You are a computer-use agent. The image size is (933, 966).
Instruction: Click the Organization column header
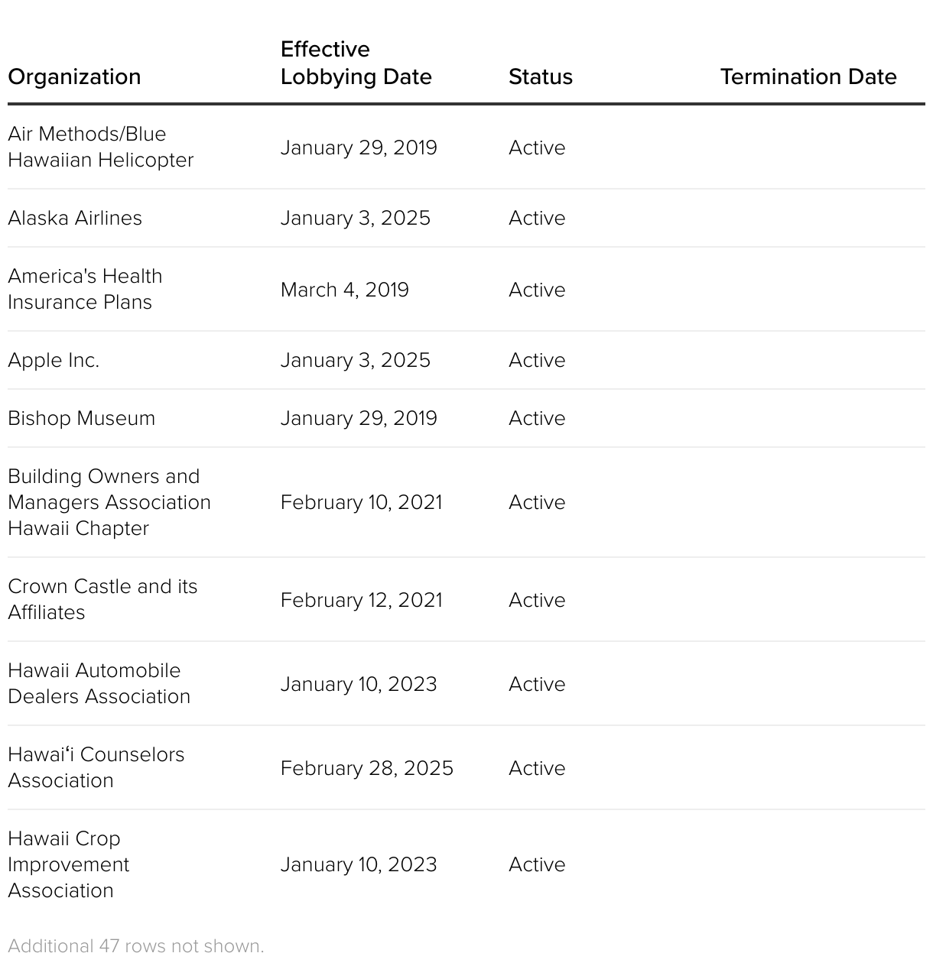click(74, 76)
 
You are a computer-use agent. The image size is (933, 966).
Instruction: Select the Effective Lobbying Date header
click(356, 63)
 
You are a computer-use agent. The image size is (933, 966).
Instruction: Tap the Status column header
click(540, 76)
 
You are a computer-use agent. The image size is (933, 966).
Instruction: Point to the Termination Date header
click(808, 76)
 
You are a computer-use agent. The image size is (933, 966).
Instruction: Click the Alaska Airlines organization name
click(75, 218)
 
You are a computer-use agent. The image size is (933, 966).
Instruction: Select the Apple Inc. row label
click(54, 360)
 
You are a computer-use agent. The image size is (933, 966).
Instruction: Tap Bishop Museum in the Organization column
click(81, 418)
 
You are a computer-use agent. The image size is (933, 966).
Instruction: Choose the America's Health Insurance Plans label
click(85, 289)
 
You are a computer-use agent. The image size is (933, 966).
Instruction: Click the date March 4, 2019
click(344, 290)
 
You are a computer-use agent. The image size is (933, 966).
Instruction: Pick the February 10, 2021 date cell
click(361, 502)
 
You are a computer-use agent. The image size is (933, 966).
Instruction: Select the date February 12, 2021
click(361, 600)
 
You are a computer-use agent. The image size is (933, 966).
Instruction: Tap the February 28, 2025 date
click(366, 768)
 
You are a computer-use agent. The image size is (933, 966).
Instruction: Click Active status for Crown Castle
click(537, 600)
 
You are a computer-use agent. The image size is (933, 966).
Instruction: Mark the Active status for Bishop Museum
click(537, 418)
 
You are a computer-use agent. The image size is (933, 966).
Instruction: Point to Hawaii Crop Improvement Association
click(69, 864)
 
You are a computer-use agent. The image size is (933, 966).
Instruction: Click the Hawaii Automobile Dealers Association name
click(99, 683)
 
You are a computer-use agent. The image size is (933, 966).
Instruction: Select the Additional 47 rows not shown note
click(135, 946)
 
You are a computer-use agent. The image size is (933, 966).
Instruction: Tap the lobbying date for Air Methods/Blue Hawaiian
click(359, 147)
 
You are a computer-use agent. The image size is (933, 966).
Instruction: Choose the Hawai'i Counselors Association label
click(96, 767)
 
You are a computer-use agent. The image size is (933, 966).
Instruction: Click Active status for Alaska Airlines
click(537, 218)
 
